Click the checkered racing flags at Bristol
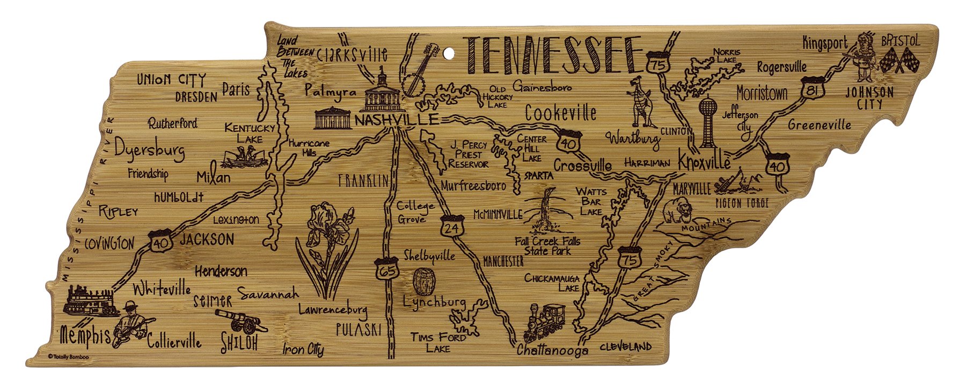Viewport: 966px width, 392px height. pyautogui.click(x=901, y=60)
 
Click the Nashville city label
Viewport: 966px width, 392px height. pyautogui.click(x=396, y=120)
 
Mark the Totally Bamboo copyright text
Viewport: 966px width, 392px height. pyautogui.click(x=68, y=356)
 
